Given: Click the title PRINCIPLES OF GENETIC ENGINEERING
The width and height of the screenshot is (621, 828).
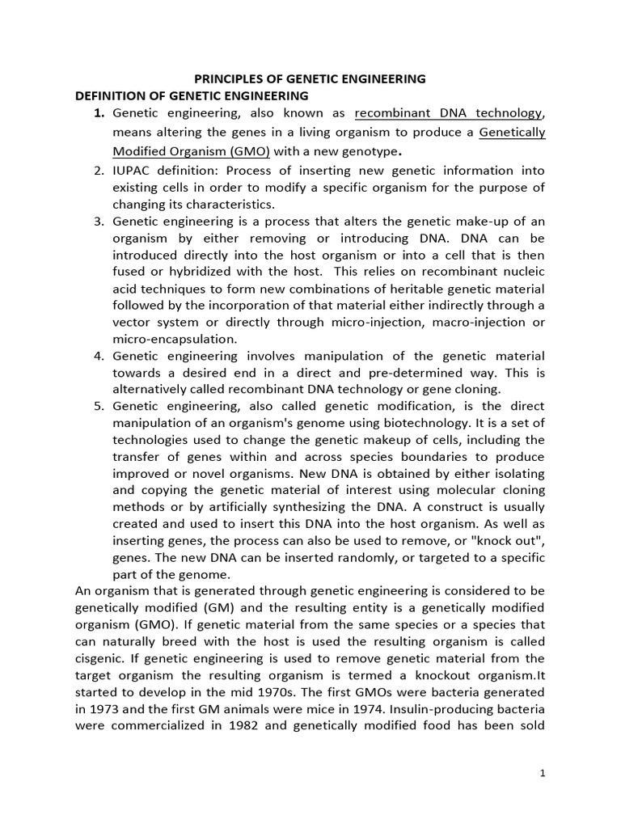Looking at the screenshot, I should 310,79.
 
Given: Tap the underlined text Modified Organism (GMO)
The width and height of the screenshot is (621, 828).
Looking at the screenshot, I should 192,151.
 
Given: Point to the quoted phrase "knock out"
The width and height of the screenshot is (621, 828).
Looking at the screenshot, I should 514,541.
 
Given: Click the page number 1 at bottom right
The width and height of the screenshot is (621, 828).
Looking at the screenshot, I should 543,773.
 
